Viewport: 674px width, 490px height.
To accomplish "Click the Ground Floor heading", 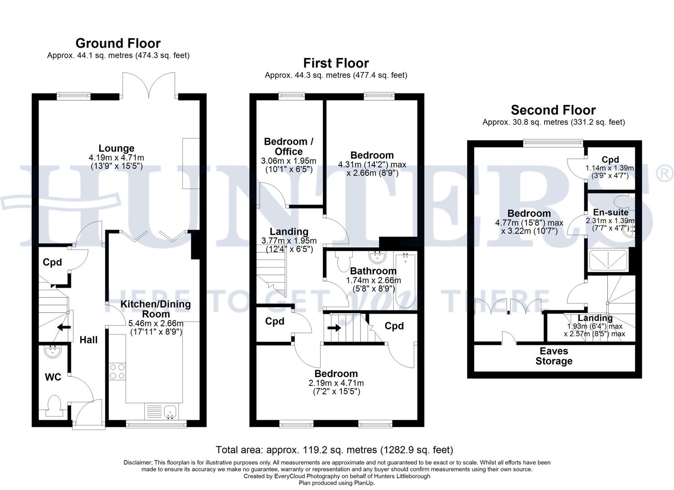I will coord(118,44).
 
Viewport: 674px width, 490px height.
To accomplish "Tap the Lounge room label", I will coord(117,148).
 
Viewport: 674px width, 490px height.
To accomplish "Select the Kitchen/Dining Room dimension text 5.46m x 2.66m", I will coord(156,323).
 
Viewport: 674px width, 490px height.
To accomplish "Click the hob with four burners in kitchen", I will coord(117,371).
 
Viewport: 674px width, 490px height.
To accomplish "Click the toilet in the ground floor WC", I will coord(54,405).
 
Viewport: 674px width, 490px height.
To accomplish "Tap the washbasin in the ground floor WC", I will coord(53,351).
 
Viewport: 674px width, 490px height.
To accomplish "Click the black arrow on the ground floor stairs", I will coord(63,327).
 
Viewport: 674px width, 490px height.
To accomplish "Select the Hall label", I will coord(89,340).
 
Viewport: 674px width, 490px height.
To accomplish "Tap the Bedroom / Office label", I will coord(289,147).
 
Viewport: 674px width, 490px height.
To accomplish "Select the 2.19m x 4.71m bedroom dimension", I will coord(336,383).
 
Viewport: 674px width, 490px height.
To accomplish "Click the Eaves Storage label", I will coord(554,356).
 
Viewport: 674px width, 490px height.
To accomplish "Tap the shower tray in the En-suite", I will coord(608,261).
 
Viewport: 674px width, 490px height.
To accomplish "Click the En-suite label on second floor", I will coord(610,212).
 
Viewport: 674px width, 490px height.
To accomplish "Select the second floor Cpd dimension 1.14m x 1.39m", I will coord(610,168).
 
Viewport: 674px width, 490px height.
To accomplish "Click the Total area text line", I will coord(335,450).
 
